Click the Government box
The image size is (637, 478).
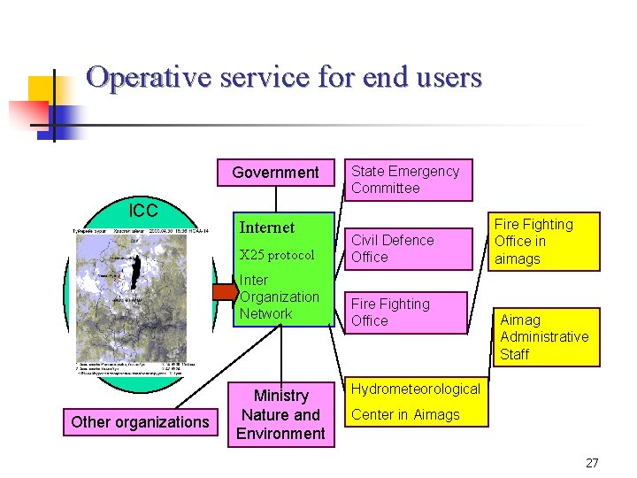[275, 173]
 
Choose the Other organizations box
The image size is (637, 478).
[140, 422]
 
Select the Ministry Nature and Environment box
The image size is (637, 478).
[281, 414]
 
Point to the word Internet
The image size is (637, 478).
[267, 227]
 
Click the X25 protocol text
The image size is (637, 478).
[277, 255]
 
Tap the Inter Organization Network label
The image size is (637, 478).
[278, 297]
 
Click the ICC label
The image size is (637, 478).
[143, 211]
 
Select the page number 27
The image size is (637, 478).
[592, 463]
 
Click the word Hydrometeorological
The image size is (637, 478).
[416, 389]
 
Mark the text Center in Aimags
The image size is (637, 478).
[405, 414]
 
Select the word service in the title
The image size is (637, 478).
[257, 77]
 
